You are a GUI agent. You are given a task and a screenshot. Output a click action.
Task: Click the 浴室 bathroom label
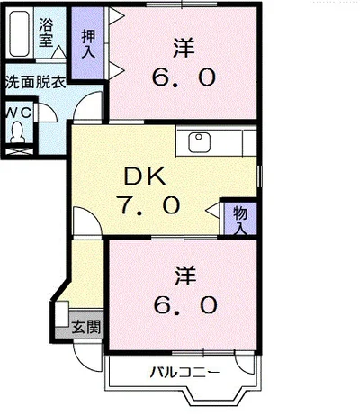coord(46,32)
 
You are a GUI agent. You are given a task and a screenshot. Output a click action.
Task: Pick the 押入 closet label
coord(88,44)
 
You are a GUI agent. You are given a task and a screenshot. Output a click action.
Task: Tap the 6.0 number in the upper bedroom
coord(184,77)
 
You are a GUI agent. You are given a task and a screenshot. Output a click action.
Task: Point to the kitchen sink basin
coord(199,141)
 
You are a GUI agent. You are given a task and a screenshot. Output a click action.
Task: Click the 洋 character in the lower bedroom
coord(184,273)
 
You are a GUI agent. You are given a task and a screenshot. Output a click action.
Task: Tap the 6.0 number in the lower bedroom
coord(184,306)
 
